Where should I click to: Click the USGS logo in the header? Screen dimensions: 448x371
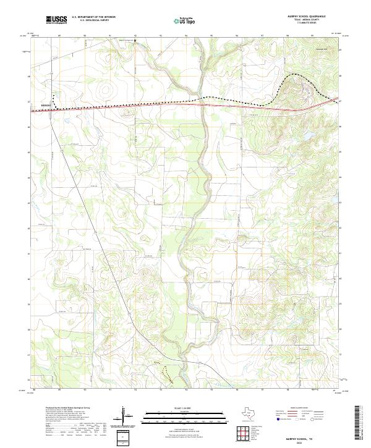pos(56,20)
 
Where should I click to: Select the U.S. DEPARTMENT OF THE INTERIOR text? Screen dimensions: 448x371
pos(93,18)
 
